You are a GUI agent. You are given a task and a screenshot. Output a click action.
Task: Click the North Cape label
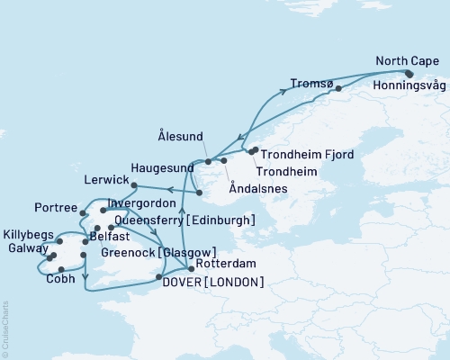(x=408, y=61)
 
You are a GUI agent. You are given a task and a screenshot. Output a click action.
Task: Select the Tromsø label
(x=311, y=85)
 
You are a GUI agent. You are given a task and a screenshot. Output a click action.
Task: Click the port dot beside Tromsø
(x=338, y=88)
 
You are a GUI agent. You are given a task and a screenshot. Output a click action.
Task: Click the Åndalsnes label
(x=254, y=190)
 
